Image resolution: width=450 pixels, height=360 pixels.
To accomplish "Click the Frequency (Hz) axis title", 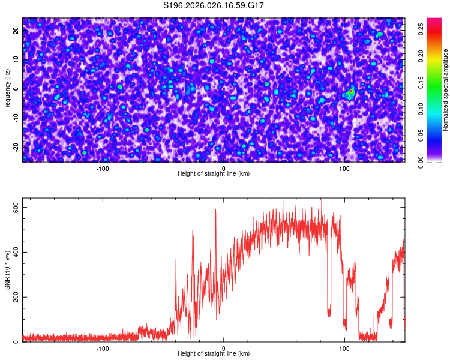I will pos(7,89).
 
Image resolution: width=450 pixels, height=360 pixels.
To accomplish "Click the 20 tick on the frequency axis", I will pos(16,31).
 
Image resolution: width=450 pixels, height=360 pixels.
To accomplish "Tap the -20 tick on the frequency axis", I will pos(16,147).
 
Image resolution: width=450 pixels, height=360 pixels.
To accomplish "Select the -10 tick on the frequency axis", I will pos(16,118).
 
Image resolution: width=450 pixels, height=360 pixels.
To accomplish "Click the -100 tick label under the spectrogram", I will pos(103,168).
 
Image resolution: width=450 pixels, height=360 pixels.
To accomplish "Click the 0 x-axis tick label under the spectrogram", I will pos(223,168).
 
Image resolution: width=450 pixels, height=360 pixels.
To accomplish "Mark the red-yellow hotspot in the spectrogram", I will pos(351,92).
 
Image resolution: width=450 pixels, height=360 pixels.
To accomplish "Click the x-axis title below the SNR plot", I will pos(214,354).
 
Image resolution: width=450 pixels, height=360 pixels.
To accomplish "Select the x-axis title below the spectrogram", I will pos(214,174).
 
